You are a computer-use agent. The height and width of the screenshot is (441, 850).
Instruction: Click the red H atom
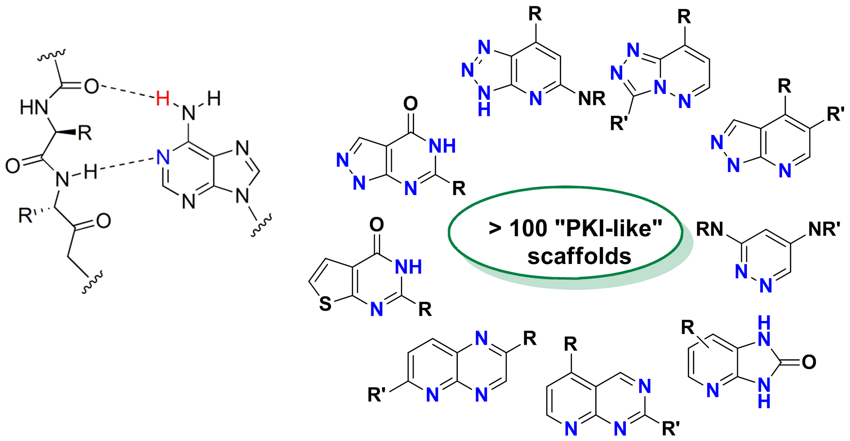[163, 99]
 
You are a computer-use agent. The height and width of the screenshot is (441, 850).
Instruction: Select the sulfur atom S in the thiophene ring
[325, 304]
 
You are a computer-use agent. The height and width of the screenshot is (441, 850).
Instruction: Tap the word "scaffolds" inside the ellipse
[579, 256]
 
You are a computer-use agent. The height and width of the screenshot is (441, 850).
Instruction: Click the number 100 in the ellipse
[529, 228]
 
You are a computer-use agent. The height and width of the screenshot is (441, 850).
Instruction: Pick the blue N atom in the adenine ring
[163, 157]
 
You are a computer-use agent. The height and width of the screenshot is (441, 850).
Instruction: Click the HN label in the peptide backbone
[33, 107]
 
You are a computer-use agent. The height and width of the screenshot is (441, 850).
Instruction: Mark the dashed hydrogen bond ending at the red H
[127, 92]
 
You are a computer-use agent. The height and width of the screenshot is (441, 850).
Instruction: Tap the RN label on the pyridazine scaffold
[710, 229]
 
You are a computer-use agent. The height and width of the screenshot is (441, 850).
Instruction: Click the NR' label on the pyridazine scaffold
[824, 229]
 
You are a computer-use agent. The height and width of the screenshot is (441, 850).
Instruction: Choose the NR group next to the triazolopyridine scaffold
[591, 99]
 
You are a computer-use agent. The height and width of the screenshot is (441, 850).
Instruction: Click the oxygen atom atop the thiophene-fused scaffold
[377, 224]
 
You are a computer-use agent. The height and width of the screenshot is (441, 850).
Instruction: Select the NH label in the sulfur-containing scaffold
[408, 266]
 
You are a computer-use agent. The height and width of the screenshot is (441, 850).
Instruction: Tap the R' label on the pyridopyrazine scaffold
[377, 395]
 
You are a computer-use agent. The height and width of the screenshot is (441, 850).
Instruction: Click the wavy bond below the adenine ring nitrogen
[261, 227]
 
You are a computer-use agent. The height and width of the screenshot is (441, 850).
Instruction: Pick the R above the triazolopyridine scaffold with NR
[535, 14]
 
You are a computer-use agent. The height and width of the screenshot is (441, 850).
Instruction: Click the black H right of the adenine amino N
[214, 99]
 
